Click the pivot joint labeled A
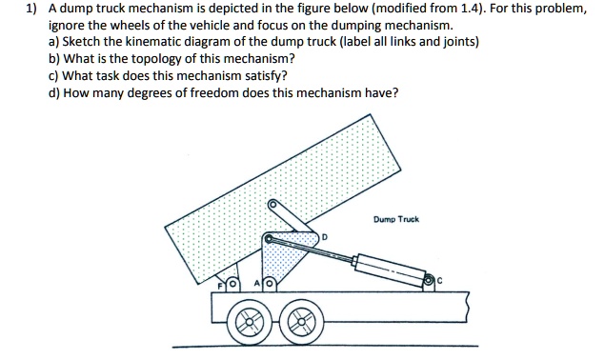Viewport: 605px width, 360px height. (x=269, y=284)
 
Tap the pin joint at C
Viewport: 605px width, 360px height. (x=430, y=280)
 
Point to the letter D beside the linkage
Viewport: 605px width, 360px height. (x=324, y=235)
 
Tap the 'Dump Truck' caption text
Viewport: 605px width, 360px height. (x=396, y=219)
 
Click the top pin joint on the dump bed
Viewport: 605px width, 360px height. (x=273, y=204)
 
